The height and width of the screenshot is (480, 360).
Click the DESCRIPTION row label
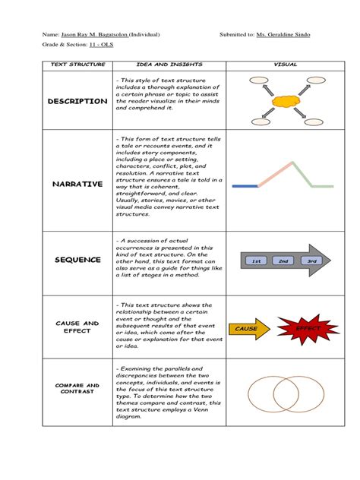pyautogui.click(x=77, y=101)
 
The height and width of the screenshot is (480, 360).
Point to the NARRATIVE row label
pyautogui.click(x=77, y=184)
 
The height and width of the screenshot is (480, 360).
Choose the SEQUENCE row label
pyautogui.click(x=77, y=260)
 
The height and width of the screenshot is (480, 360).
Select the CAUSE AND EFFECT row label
pyautogui.click(x=77, y=327)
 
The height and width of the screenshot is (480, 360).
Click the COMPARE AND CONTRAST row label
pyautogui.click(x=77, y=388)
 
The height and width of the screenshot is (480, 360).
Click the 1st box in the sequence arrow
pyautogui.click(x=257, y=261)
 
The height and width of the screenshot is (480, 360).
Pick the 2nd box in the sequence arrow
pyautogui.click(x=283, y=261)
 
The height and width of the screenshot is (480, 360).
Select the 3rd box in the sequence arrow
pyautogui.click(x=311, y=261)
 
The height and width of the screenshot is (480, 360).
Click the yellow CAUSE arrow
pyautogui.click(x=248, y=329)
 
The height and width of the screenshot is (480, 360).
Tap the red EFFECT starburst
pyautogui.click(x=308, y=328)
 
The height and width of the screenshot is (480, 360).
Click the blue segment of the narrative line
pyautogui.click(x=245, y=185)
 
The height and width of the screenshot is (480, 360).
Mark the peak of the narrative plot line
pyautogui.click(x=289, y=163)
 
